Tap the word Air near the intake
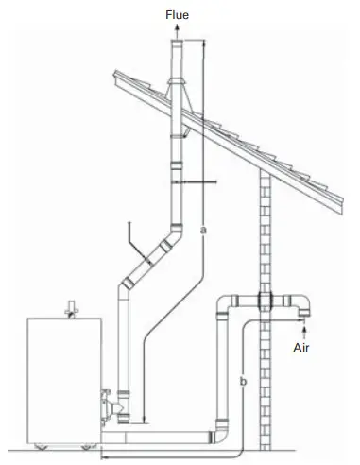302,347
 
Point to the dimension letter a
204,229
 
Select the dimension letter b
244,381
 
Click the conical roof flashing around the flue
178,88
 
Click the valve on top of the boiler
67,306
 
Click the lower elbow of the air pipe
223,434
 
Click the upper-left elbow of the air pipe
226,305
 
